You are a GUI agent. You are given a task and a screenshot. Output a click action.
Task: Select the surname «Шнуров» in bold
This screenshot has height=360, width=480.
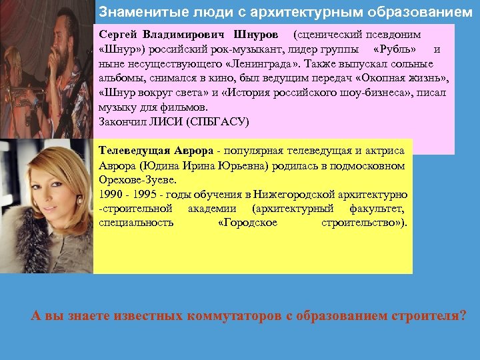coord(254,33)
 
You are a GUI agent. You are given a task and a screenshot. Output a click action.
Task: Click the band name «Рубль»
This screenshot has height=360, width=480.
coord(397,49)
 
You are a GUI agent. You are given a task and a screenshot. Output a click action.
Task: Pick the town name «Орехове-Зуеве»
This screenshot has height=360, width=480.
coord(134,179)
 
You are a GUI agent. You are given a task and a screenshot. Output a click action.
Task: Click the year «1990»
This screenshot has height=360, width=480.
coord(110,194)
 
